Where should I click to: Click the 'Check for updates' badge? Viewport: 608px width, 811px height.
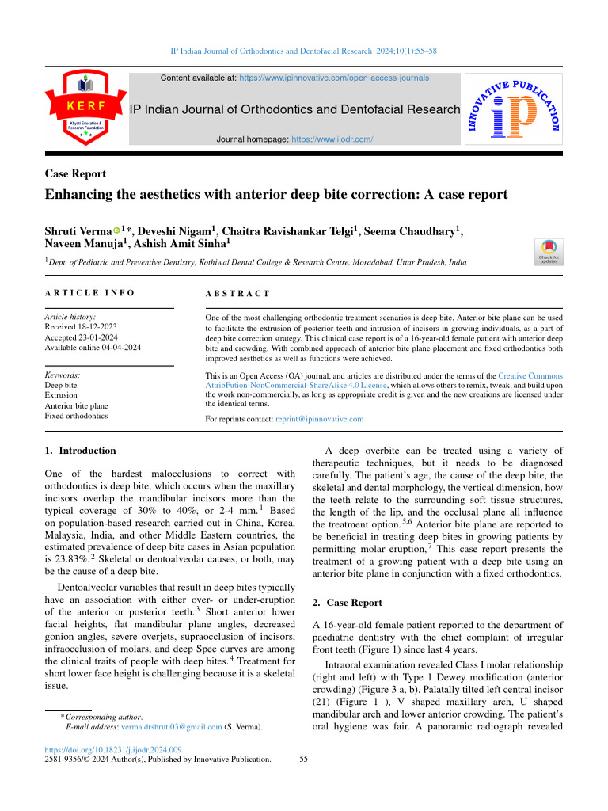coord(549,252)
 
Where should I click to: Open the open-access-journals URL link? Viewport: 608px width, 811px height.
coord(334,78)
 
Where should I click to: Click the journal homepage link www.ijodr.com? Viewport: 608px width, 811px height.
coord(332,139)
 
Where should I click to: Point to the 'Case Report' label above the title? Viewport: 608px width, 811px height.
coord(76,174)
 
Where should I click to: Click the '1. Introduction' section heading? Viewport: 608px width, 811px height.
coord(81,451)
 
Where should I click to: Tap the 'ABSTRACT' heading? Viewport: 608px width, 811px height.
coord(237,294)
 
